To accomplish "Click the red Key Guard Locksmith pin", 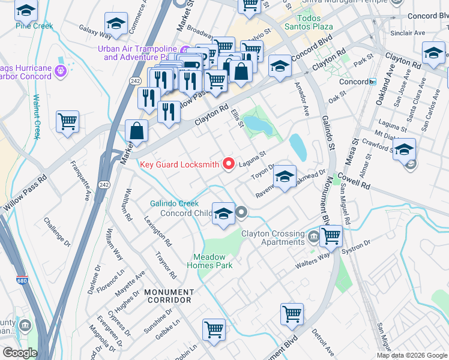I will point(228,163).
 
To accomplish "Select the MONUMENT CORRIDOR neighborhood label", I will point(168,295).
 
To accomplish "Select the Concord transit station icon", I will point(373,82).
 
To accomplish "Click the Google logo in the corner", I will point(20,352).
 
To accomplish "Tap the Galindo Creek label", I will point(174,203).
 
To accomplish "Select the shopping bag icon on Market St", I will point(137,131).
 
